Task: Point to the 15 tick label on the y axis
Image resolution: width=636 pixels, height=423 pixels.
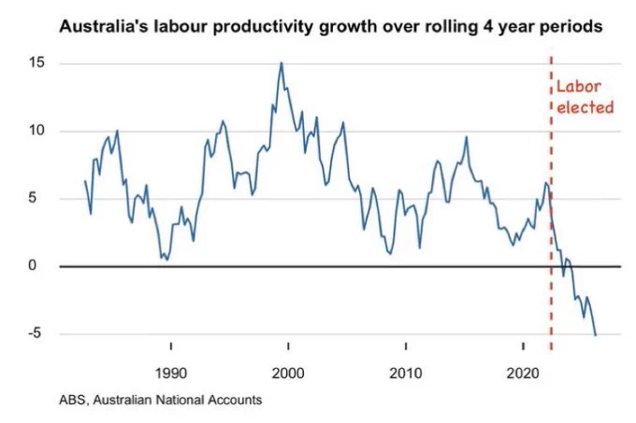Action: [x=36, y=63]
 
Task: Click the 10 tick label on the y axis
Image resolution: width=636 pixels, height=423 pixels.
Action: [x=36, y=131]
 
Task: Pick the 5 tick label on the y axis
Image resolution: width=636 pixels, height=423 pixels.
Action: [x=32, y=198]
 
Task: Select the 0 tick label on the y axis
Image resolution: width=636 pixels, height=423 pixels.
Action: [x=32, y=266]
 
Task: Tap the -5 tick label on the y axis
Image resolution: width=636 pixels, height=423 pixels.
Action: [x=35, y=333]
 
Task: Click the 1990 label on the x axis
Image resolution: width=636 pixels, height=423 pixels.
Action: [x=171, y=373]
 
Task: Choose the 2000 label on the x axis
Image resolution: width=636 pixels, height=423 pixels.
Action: [x=288, y=373]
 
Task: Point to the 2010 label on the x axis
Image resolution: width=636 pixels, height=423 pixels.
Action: [x=406, y=373]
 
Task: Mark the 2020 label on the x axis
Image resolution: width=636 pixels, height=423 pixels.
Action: [x=523, y=373]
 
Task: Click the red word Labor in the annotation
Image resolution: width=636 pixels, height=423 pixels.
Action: [x=578, y=86]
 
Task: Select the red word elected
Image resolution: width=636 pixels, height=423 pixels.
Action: [x=585, y=107]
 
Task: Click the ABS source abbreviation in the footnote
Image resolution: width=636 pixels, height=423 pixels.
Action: [x=73, y=400]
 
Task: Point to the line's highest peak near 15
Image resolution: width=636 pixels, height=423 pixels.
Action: [x=282, y=63]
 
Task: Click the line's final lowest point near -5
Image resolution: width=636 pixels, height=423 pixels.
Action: [x=595, y=334]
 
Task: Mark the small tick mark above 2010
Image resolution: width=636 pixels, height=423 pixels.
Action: [x=406, y=346]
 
